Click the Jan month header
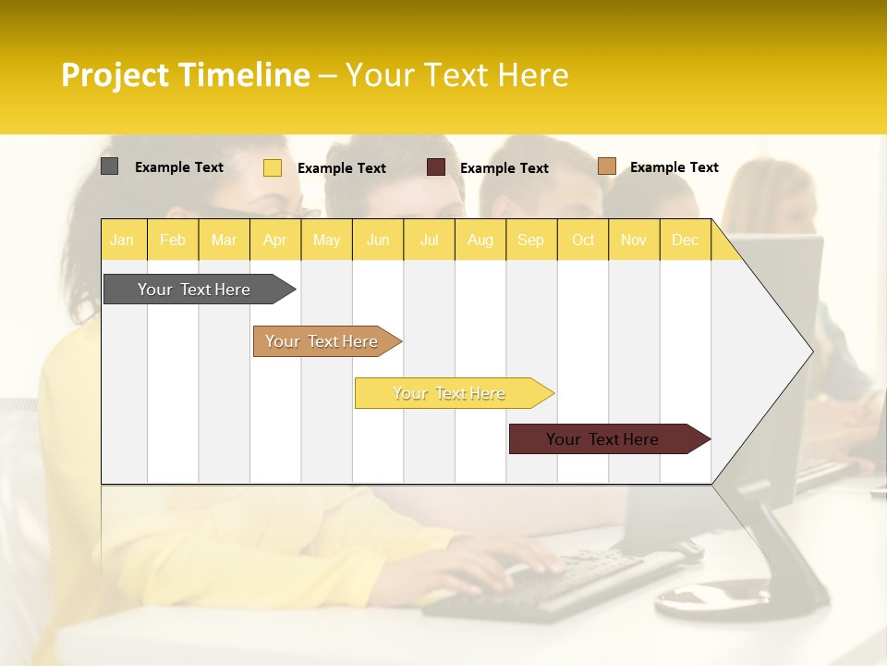coord(122,240)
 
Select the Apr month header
coord(274,240)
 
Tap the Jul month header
coord(429,240)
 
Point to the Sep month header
coord(530,240)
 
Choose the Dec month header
coord(685,240)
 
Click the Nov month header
coord(634,240)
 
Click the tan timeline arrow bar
coord(323,341)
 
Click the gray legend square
coord(109,166)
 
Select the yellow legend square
coord(273,167)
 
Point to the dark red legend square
coord(436,167)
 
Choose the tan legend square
coord(607,166)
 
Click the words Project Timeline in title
coord(185,75)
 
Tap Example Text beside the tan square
coord(674,167)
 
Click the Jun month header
coord(378,240)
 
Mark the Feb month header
coord(173,240)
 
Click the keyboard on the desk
coord(554,583)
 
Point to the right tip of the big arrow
coord(811,351)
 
